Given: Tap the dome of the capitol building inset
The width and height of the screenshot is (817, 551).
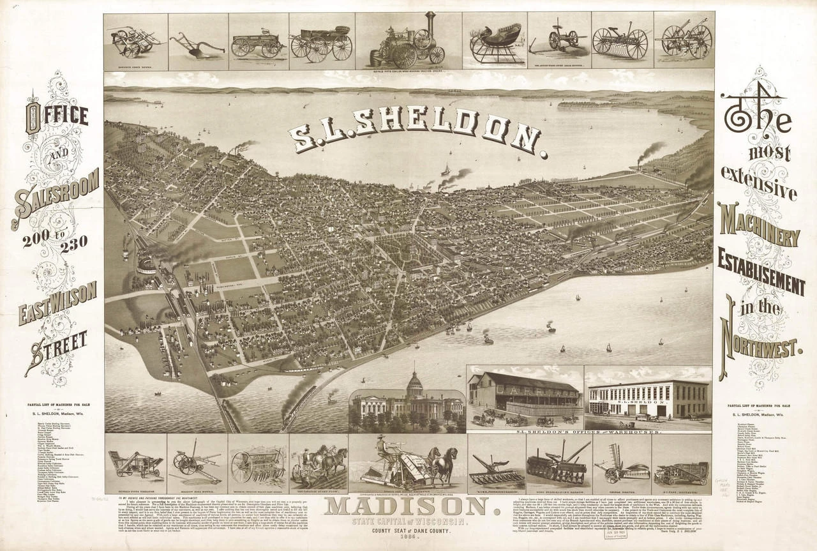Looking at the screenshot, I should click(x=415, y=386).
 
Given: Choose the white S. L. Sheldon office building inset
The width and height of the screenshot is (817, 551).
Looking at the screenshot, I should click(x=647, y=399).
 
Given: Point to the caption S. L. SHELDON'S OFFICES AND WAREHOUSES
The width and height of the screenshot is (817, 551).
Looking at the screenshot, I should click(x=588, y=432).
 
